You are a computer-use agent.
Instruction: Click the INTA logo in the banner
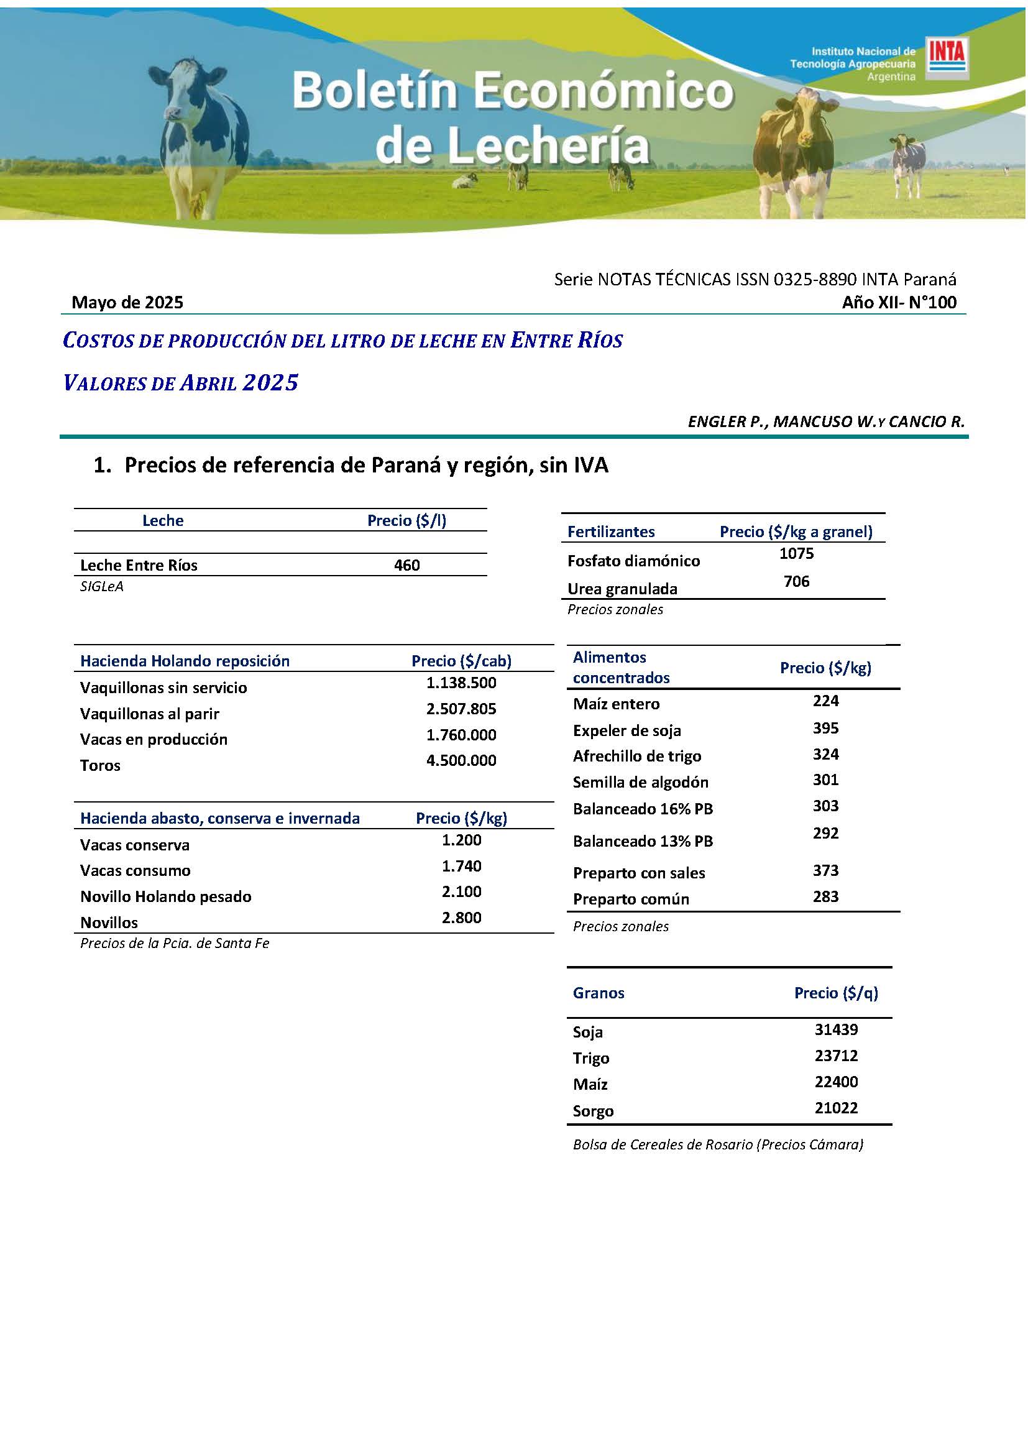[947, 58]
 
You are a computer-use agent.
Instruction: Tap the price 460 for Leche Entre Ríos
[406, 565]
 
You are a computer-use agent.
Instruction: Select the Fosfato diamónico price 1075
[796, 553]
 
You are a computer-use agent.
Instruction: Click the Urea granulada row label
[622, 588]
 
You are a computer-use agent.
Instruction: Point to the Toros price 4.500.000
[461, 760]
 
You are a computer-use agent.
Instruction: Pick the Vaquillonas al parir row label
[149, 714]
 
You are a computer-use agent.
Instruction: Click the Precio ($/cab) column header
[461, 661]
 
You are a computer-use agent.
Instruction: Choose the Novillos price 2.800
[461, 917]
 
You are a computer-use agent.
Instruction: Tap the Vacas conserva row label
[134, 845]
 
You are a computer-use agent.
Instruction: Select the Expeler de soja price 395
[825, 728]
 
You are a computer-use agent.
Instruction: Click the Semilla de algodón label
[640, 782]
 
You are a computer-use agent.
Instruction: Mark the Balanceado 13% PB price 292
[825, 833]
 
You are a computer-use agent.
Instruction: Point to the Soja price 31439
[835, 1029]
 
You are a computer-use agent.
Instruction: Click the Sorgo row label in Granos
[592, 1111]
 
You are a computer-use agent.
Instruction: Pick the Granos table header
[598, 992]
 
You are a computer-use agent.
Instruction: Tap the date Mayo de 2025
[127, 302]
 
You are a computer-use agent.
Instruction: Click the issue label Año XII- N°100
[898, 302]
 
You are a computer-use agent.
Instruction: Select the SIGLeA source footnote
[101, 586]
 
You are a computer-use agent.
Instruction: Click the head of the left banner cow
[187, 89]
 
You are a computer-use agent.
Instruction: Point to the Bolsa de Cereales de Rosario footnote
[718, 1144]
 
